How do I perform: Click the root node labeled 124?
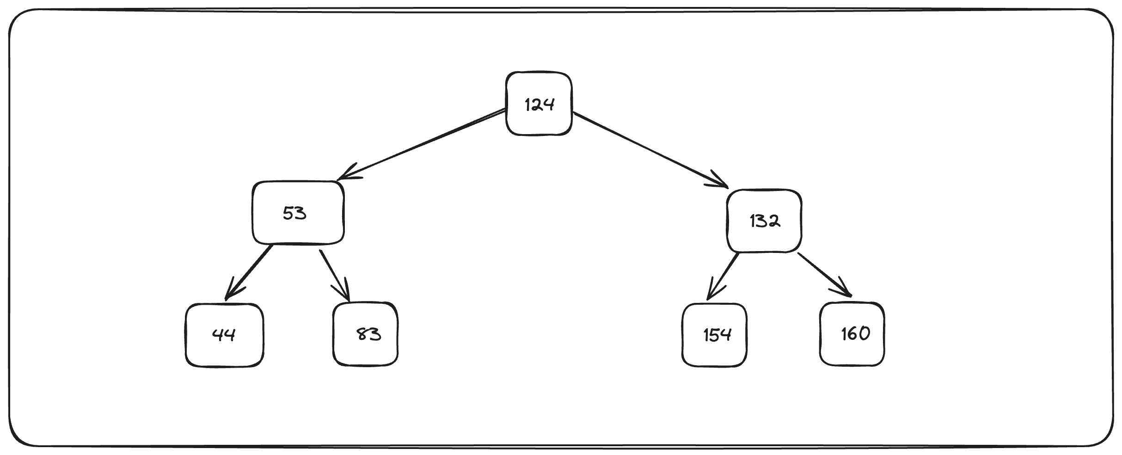pyautogui.click(x=539, y=104)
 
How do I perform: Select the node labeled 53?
pyautogui.click(x=298, y=213)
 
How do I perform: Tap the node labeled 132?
pyautogui.click(x=764, y=221)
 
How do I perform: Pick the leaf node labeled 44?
pyautogui.click(x=224, y=334)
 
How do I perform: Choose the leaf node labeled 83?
pyautogui.click(x=365, y=333)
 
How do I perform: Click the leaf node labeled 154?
pyautogui.click(x=714, y=334)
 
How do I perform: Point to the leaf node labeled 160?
pyautogui.click(x=852, y=333)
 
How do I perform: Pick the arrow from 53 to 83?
pyautogui.click(x=334, y=275)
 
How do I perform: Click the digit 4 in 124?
pyautogui.click(x=548, y=105)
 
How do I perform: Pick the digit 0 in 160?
pyautogui.click(x=863, y=333)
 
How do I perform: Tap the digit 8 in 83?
pyautogui.click(x=363, y=334)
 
